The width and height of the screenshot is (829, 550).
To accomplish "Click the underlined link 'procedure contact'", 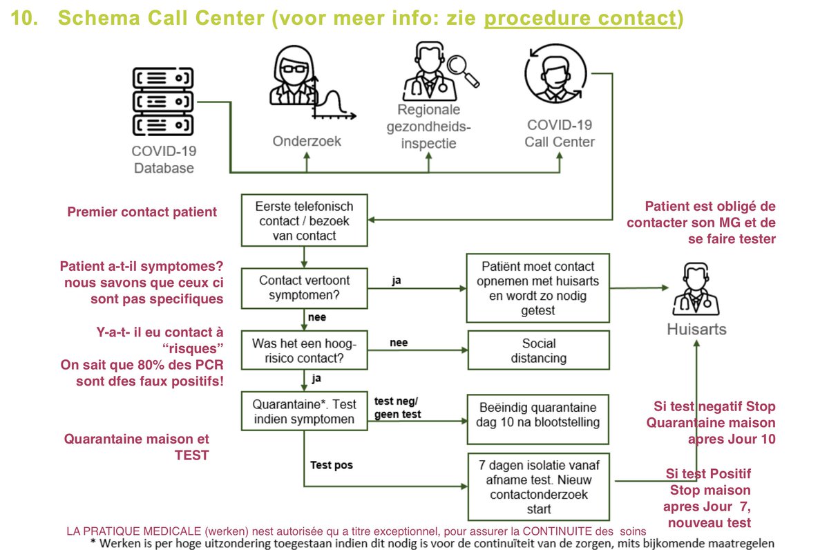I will click(579, 18).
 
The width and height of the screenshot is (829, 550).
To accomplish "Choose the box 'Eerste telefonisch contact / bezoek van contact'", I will click(305, 220).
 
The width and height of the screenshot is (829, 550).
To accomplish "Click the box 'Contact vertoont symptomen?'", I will click(305, 290).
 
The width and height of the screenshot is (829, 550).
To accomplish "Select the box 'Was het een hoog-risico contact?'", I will click(305, 352).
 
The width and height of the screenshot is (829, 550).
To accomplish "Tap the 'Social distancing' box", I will click(539, 351).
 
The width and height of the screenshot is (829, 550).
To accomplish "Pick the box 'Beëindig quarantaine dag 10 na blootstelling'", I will click(539, 414).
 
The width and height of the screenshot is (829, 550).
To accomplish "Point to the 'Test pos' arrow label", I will click(332, 466).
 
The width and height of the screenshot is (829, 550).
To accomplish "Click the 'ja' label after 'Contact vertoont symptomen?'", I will click(397, 281).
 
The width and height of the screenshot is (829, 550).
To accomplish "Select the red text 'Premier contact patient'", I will click(142, 212).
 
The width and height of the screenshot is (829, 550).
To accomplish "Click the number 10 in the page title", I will click(26, 19).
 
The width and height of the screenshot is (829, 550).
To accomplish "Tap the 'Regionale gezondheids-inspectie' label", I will click(428, 126).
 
